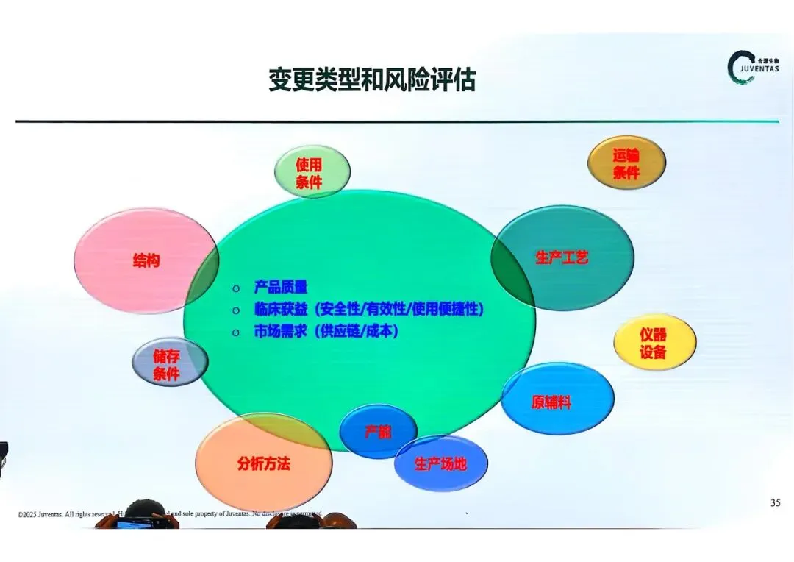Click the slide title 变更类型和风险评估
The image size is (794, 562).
371,79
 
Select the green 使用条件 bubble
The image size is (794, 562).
312,172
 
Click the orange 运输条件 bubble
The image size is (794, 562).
626,163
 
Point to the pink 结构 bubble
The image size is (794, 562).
146,260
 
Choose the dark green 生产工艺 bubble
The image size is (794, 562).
562,257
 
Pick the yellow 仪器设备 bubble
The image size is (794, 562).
654,343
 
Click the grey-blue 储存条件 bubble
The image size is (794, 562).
169,363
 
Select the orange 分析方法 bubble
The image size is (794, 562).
263,463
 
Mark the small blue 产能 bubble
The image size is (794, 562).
378,432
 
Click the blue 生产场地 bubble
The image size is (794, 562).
440,464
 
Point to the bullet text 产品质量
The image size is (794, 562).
280,287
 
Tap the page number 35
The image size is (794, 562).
776,503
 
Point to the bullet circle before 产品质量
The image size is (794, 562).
235,288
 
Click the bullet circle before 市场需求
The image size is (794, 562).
235,332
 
